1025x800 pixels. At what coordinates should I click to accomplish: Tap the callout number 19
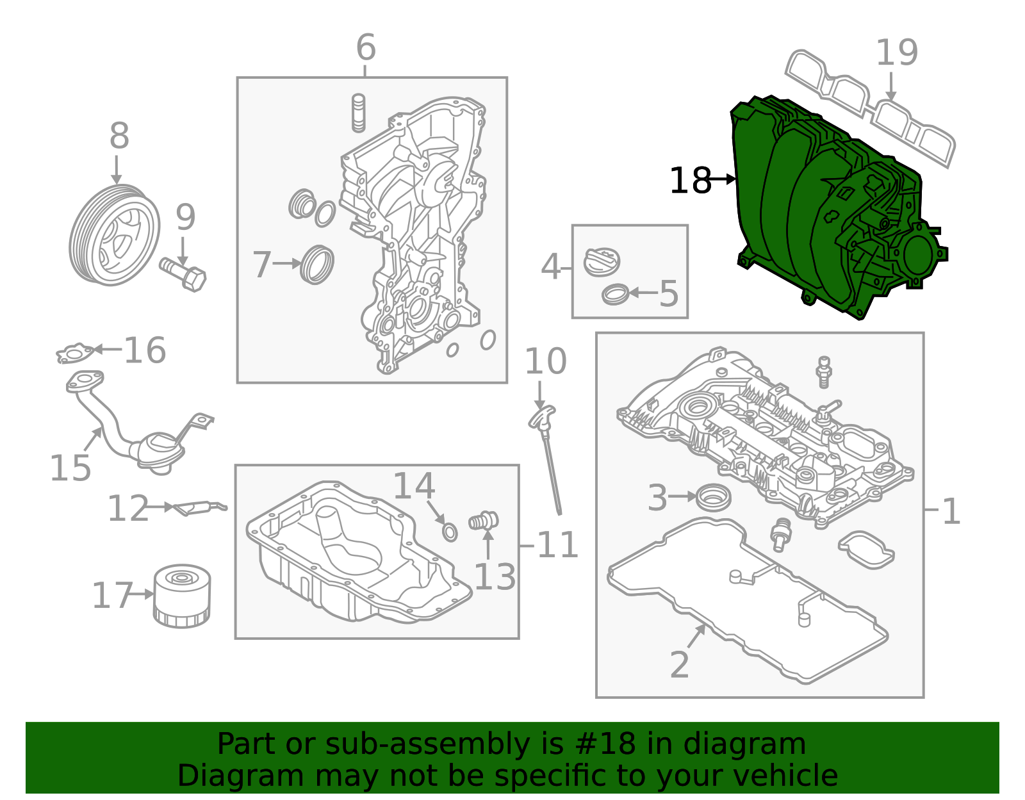click(896, 53)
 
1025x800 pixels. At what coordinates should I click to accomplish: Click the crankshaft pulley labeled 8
click(114, 235)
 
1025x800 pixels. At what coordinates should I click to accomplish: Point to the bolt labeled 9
click(184, 274)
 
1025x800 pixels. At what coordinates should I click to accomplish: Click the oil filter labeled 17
click(182, 596)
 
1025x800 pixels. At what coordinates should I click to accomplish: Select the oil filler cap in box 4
click(602, 262)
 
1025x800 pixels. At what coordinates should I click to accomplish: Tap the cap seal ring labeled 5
click(616, 295)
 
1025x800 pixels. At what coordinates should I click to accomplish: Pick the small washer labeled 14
click(450, 532)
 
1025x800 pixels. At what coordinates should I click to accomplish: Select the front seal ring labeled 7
click(317, 264)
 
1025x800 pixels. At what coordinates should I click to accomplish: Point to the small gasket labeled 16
click(76, 352)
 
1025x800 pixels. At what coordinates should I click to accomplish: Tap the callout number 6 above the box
click(365, 48)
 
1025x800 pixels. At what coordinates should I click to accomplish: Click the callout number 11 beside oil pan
click(557, 546)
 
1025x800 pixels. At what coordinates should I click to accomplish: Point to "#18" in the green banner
click(605, 744)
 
